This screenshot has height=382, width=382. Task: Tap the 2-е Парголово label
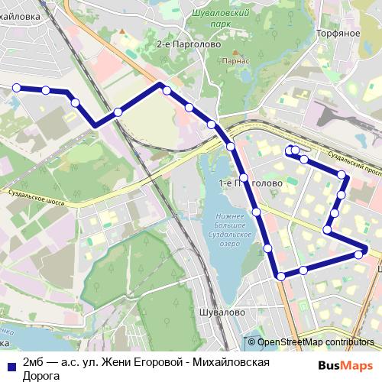pyautogui.click(x=188, y=44)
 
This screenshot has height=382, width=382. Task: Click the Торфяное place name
pyautogui.click(x=338, y=34)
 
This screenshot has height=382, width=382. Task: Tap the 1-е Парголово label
pyautogui.click(x=251, y=183)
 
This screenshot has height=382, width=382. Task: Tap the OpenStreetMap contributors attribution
pyautogui.click(x=316, y=342)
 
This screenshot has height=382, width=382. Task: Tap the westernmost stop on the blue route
pyautogui.click(x=16, y=89)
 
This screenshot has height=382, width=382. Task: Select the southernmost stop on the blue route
pyautogui.click(x=281, y=276)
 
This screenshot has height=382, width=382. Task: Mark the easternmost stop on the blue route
pyautogui.click(x=365, y=250)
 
